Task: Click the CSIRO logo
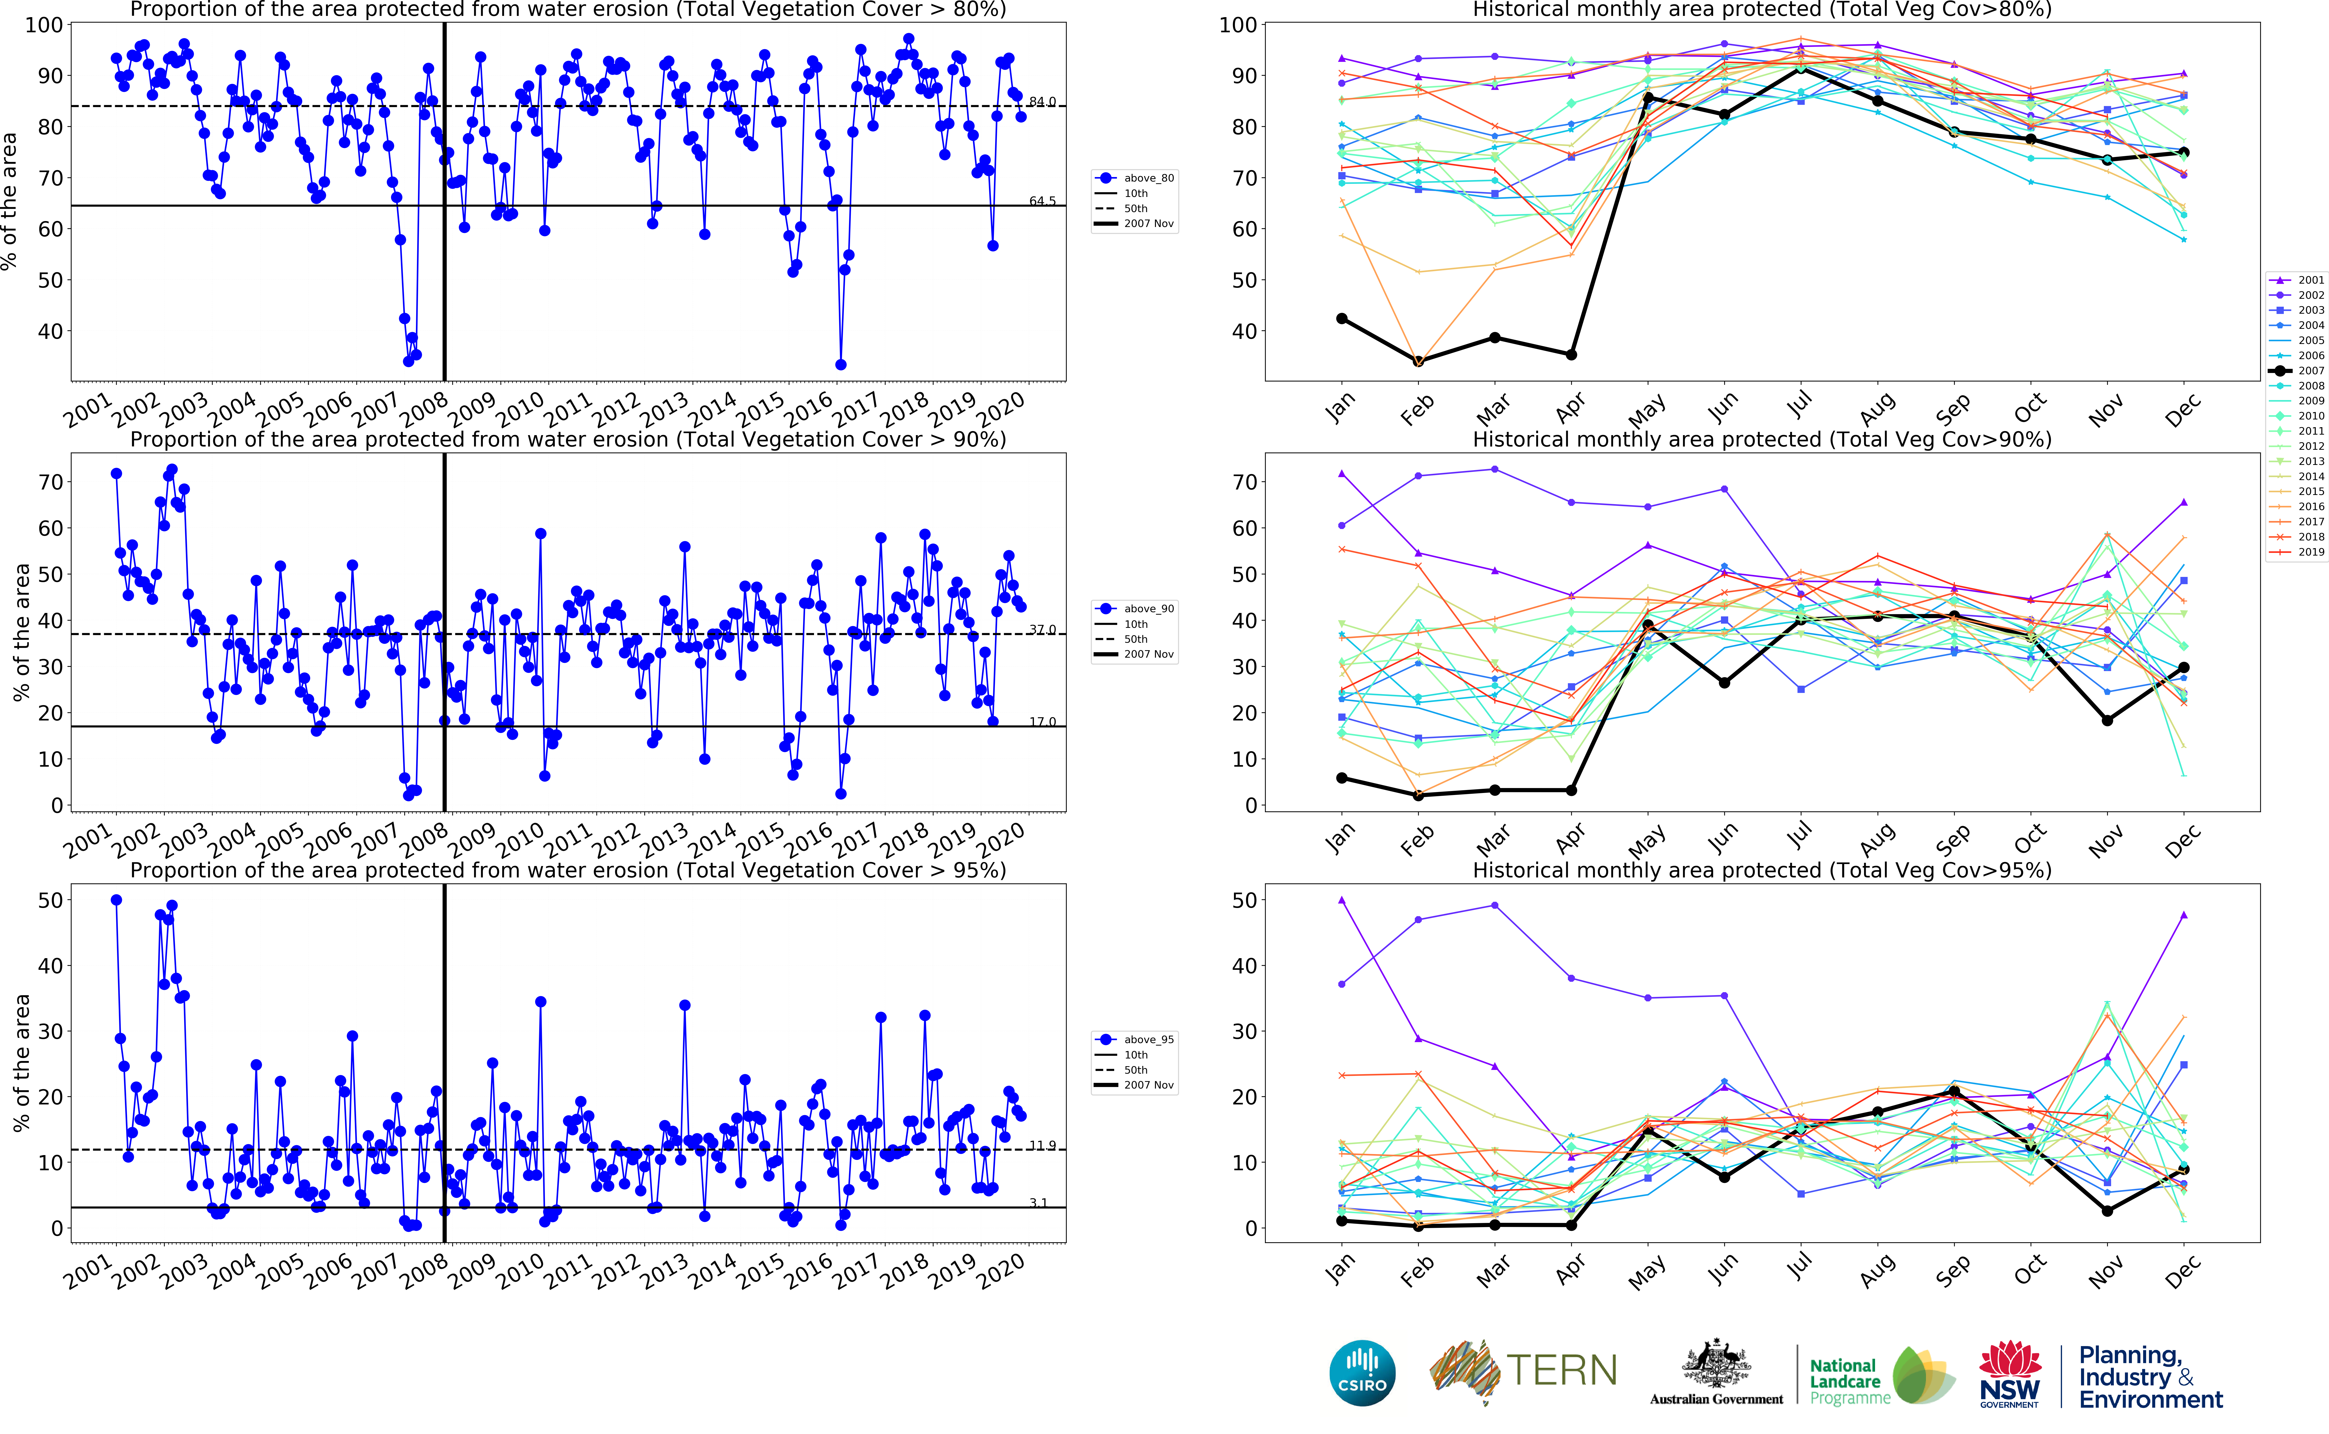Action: pos(1362,1372)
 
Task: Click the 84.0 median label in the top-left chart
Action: pos(1042,102)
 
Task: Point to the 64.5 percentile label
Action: pos(1042,201)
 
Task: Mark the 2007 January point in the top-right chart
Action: pos(1342,319)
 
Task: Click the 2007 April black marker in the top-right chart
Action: pos(1571,355)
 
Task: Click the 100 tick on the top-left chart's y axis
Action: pos(44,26)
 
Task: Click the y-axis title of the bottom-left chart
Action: pos(21,1062)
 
